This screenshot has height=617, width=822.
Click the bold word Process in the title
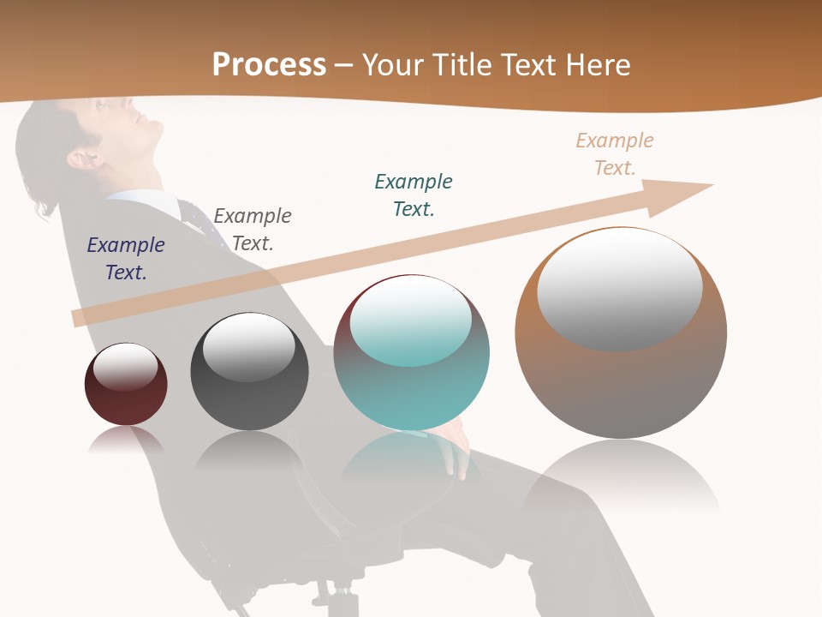pos(269,65)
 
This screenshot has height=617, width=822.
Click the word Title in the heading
pos(460,65)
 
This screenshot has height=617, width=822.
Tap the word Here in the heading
pos(596,65)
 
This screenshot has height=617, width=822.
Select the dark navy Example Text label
pos(126,259)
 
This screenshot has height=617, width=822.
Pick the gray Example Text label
pos(253,230)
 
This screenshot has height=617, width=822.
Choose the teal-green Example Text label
pos(414,195)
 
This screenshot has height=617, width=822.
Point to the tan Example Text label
pos(615,154)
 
